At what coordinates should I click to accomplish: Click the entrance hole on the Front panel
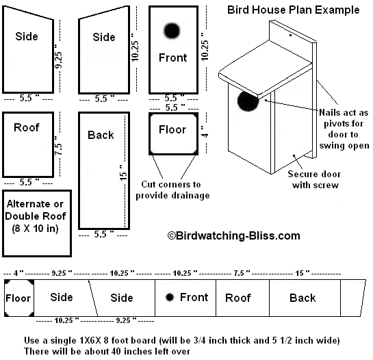tap(172, 31)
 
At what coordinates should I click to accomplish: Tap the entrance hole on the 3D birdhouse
tap(247, 101)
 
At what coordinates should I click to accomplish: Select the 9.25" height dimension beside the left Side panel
tap(59, 56)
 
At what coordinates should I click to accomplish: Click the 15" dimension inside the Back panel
tap(123, 172)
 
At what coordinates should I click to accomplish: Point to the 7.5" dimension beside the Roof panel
tap(59, 145)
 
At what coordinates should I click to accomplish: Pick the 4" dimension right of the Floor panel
tap(205, 132)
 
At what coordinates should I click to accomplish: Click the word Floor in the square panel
tap(172, 129)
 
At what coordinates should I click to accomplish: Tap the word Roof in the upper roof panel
tap(27, 127)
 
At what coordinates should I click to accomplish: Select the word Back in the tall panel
tap(101, 135)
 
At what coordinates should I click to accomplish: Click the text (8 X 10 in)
tap(35, 229)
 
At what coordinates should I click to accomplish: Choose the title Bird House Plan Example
tap(294, 10)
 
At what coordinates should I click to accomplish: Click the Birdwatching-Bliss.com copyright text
tap(234, 236)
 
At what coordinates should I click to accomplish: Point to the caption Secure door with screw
tap(314, 179)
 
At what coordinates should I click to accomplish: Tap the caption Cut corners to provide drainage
tap(172, 190)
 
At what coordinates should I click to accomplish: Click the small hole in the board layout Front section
tap(170, 297)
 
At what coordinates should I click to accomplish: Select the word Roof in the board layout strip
tap(238, 298)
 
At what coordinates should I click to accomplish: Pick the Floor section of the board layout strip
tap(19, 298)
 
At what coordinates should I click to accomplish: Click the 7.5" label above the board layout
tap(242, 273)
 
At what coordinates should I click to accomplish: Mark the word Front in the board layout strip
tap(194, 297)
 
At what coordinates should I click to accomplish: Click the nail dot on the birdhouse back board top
tap(290, 35)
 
